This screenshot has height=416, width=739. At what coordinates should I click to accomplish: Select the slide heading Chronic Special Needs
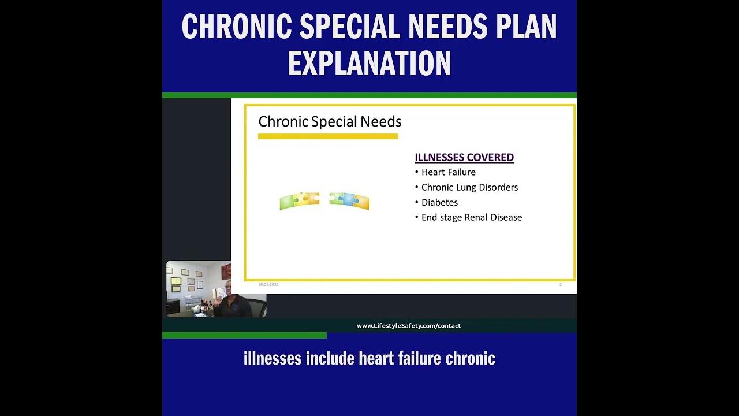[x=330, y=122]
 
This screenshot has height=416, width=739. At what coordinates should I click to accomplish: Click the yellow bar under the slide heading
[x=327, y=136]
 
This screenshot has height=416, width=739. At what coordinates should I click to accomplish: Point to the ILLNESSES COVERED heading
[x=464, y=157]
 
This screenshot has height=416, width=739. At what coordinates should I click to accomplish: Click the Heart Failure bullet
[x=448, y=172]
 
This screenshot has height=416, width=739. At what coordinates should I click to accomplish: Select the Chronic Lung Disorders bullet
[x=469, y=187]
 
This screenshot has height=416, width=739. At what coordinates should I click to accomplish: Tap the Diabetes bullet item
[x=439, y=202]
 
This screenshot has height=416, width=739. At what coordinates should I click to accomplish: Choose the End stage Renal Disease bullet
[x=471, y=217]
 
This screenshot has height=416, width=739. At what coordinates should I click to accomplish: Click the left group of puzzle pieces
[x=299, y=200]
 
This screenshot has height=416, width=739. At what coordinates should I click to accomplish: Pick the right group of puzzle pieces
[x=349, y=200]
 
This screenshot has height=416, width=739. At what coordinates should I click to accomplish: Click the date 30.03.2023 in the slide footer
[x=268, y=285]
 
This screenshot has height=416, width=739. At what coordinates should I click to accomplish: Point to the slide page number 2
[x=560, y=285]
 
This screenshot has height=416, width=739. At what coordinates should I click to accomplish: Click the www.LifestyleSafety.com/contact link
[x=409, y=326]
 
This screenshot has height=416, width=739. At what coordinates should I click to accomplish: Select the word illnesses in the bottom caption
[x=273, y=359]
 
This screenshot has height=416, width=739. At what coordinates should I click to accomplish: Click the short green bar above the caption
[x=244, y=335]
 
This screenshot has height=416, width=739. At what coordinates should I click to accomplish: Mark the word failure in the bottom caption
[x=420, y=359]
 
